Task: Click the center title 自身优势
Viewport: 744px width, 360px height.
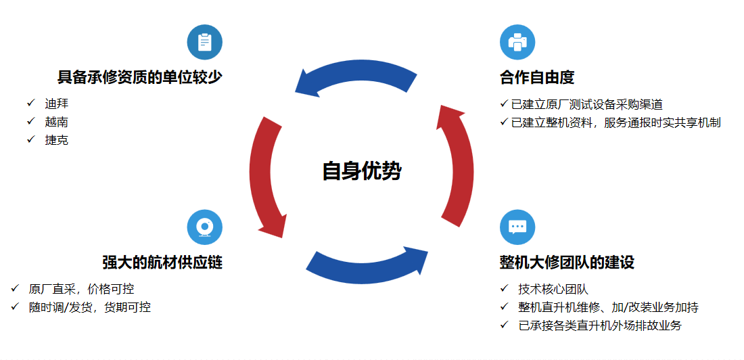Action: pyautogui.click(x=362, y=171)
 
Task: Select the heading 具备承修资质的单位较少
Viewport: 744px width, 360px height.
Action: pyautogui.click(x=139, y=77)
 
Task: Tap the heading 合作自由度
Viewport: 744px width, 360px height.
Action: pyautogui.click(x=537, y=77)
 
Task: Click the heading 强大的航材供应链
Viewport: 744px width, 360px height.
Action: pyautogui.click(x=162, y=262)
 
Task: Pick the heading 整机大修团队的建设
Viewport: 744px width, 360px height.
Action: pyautogui.click(x=567, y=262)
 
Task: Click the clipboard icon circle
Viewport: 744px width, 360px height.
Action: pyautogui.click(x=205, y=42)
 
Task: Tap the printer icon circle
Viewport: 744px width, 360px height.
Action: pyautogui.click(x=517, y=42)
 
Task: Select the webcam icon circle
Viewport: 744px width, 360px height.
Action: pyautogui.click(x=205, y=227)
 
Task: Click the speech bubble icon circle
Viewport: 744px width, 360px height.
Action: pyautogui.click(x=517, y=227)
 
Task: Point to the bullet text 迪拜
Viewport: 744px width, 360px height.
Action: pyautogui.click(x=56, y=103)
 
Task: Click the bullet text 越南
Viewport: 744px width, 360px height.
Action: pyautogui.click(x=56, y=122)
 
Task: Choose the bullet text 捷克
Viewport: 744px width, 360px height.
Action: pyautogui.click(x=56, y=140)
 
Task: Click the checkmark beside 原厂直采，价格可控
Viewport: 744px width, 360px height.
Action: pyautogui.click(x=15, y=288)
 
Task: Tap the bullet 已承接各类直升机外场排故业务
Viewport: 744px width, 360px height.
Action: pyautogui.click(x=600, y=325)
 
